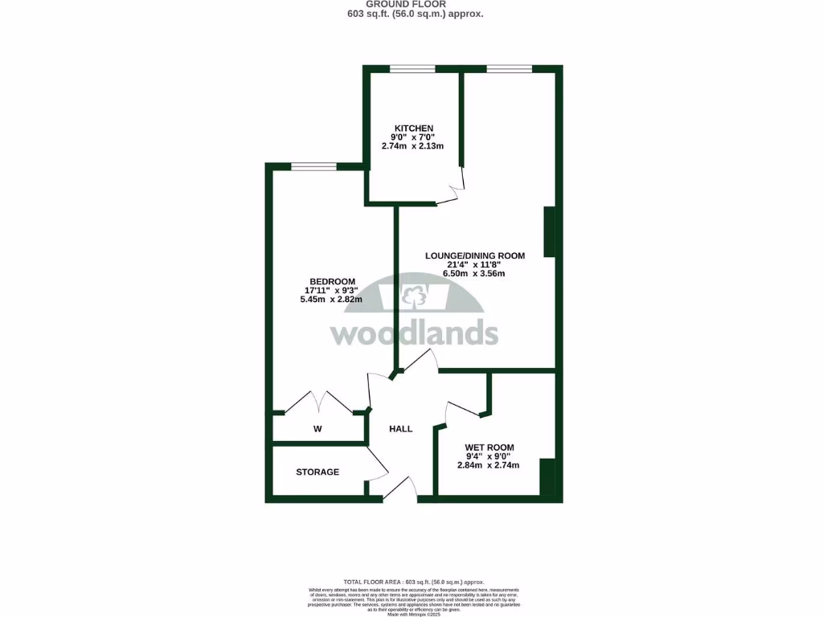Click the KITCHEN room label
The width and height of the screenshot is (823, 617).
click(x=414, y=129)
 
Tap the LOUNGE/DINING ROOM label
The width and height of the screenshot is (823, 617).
click(x=475, y=256)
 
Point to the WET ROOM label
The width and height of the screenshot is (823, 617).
click(x=489, y=447)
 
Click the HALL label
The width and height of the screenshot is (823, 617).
click(x=400, y=429)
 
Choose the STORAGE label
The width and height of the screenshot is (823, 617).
click(x=317, y=472)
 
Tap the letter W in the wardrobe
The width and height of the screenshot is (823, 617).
click(x=317, y=429)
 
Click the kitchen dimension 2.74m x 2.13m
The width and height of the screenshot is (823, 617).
click(x=412, y=145)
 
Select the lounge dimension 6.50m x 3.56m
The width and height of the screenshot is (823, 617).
click(x=474, y=274)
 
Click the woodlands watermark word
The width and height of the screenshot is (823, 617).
click(x=414, y=333)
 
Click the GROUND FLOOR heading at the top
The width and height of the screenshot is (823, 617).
click(x=411, y=4)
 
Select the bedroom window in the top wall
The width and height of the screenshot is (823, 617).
click(x=313, y=167)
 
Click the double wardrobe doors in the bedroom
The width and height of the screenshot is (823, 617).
click(x=319, y=402)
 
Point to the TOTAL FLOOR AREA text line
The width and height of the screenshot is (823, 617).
click(x=414, y=582)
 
